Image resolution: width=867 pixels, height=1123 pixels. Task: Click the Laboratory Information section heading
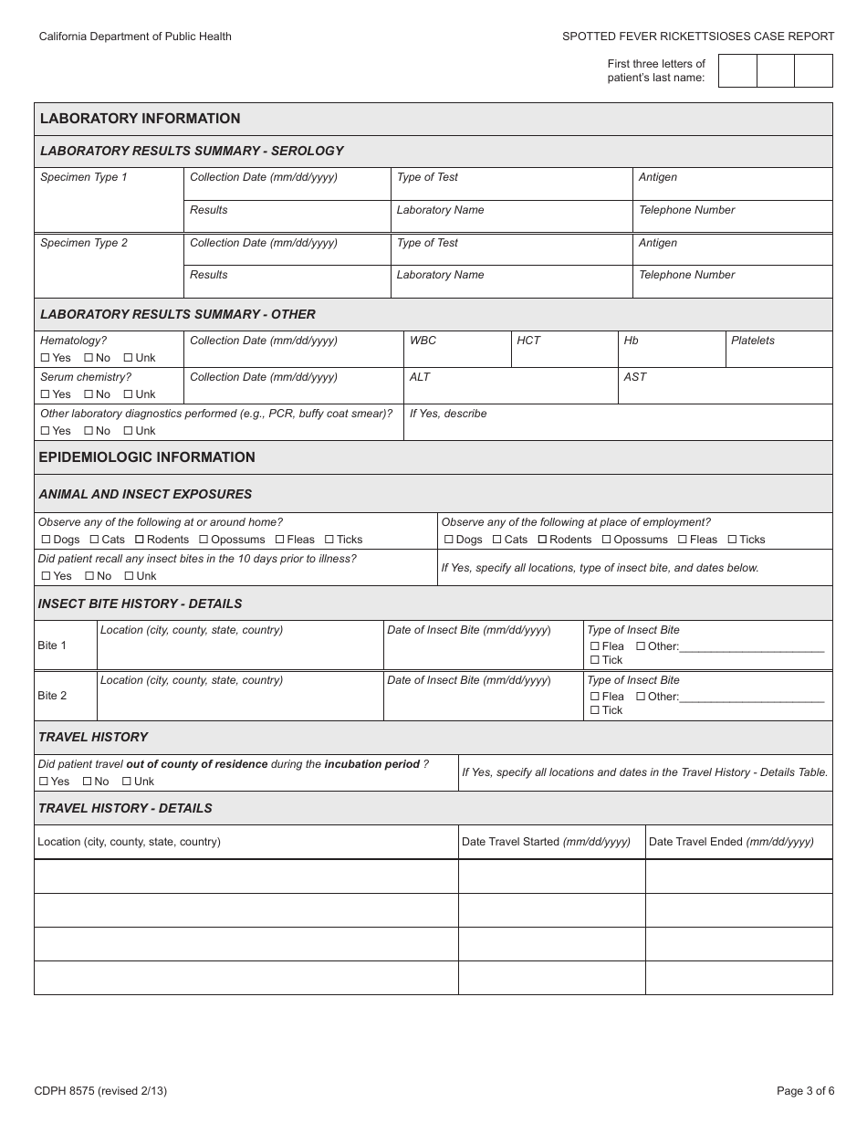tap(141, 119)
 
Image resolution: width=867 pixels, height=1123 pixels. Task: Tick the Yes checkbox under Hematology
tap(46, 358)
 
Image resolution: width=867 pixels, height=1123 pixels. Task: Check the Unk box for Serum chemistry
tap(129, 394)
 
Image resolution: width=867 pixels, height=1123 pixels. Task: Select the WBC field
tap(456, 350)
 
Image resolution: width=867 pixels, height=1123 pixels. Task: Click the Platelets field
tap(778, 350)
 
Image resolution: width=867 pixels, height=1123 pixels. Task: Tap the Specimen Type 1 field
tap(109, 200)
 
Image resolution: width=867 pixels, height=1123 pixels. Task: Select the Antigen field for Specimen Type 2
tap(733, 249)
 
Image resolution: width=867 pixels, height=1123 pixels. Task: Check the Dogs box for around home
tap(45, 540)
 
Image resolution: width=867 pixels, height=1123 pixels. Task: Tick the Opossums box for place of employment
tap(607, 540)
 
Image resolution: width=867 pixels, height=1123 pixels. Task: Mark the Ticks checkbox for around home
tap(329, 540)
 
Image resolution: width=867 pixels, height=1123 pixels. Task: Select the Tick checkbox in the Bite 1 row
tap(595, 660)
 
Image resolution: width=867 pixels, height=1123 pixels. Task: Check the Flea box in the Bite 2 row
tap(595, 697)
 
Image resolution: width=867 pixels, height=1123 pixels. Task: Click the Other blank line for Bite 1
tap(752, 646)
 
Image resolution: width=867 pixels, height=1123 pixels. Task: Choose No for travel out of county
tap(88, 782)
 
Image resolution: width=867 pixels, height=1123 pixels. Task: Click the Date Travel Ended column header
tap(731, 842)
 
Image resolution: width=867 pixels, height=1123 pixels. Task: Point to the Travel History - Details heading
tap(125, 808)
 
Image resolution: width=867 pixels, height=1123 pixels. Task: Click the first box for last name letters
tap(737, 70)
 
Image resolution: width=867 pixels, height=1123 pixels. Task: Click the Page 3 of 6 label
tap(805, 1090)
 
